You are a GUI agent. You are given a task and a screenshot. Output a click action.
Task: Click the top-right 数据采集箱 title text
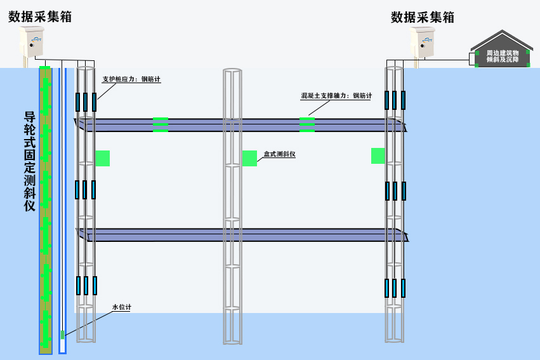pyautogui.click(x=423, y=17)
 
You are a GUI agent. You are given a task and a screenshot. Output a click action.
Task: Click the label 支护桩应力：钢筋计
pyautogui.click(x=131, y=80)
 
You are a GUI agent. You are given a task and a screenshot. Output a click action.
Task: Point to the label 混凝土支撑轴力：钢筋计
pyautogui.click(x=336, y=96)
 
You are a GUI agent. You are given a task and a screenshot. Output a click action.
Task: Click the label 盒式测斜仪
pyautogui.click(x=280, y=154)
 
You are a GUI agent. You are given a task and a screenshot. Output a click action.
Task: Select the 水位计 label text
pyautogui.click(x=121, y=307)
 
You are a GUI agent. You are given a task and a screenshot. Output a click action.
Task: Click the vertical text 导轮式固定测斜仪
pyautogui.click(x=29, y=161)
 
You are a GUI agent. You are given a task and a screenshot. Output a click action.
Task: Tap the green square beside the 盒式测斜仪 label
pyautogui.click(x=249, y=158)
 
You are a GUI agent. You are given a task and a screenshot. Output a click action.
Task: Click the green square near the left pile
pyautogui.click(x=102, y=158)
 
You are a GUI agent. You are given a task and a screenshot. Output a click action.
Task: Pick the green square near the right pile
pyautogui.click(x=379, y=156)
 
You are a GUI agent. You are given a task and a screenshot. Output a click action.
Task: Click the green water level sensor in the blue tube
pyautogui.click(x=62, y=334)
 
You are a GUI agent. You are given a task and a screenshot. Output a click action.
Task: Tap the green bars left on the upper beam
pyautogui.click(x=161, y=124)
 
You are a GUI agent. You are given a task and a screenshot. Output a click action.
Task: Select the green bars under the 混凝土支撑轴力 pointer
pyautogui.click(x=307, y=124)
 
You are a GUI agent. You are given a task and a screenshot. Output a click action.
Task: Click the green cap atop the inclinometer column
pyautogui.click(x=45, y=68)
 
